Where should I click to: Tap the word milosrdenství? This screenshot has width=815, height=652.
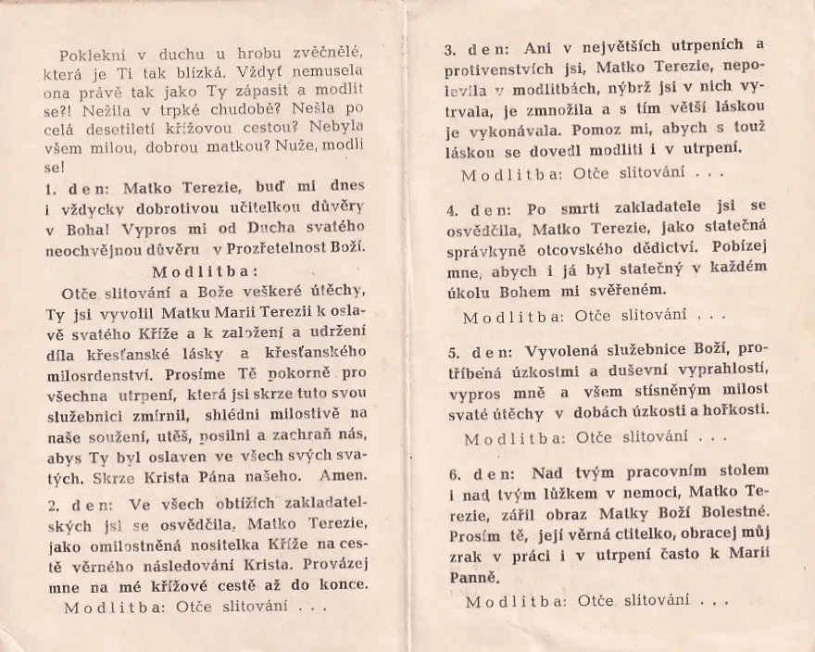pos(100,376)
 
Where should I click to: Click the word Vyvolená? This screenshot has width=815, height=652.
pos(564,353)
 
